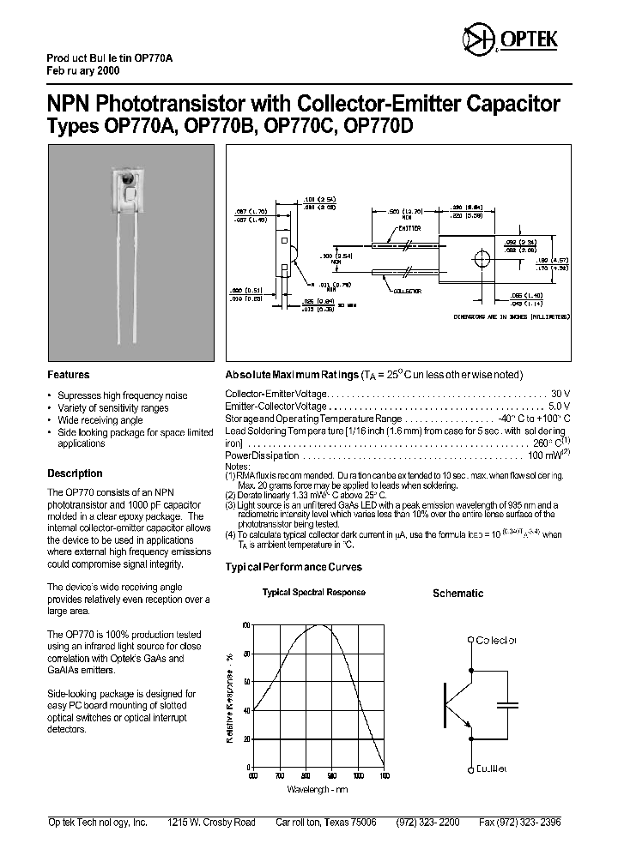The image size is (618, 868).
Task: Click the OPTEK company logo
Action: click(510, 39)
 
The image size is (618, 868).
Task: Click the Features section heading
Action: click(68, 375)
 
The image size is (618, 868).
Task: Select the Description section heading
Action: click(75, 473)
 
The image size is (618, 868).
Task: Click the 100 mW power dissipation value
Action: click(548, 455)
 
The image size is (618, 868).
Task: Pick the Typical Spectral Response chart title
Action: click(313, 593)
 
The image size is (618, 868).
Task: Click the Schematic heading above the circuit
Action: click(457, 594)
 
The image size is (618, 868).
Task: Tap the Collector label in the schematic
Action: click(496, 640)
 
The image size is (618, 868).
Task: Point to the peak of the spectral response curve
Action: click(320, 625)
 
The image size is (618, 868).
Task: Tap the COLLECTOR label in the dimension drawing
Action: click(407, 292)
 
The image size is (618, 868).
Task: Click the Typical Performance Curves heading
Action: click(293, 567)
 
